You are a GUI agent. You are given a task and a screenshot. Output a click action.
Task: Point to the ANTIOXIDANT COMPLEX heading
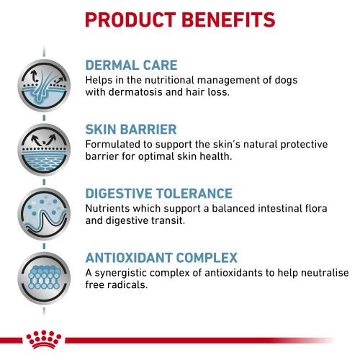[x=171, y=257]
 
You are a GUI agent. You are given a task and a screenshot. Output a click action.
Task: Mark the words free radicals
[x=117, y=285]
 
